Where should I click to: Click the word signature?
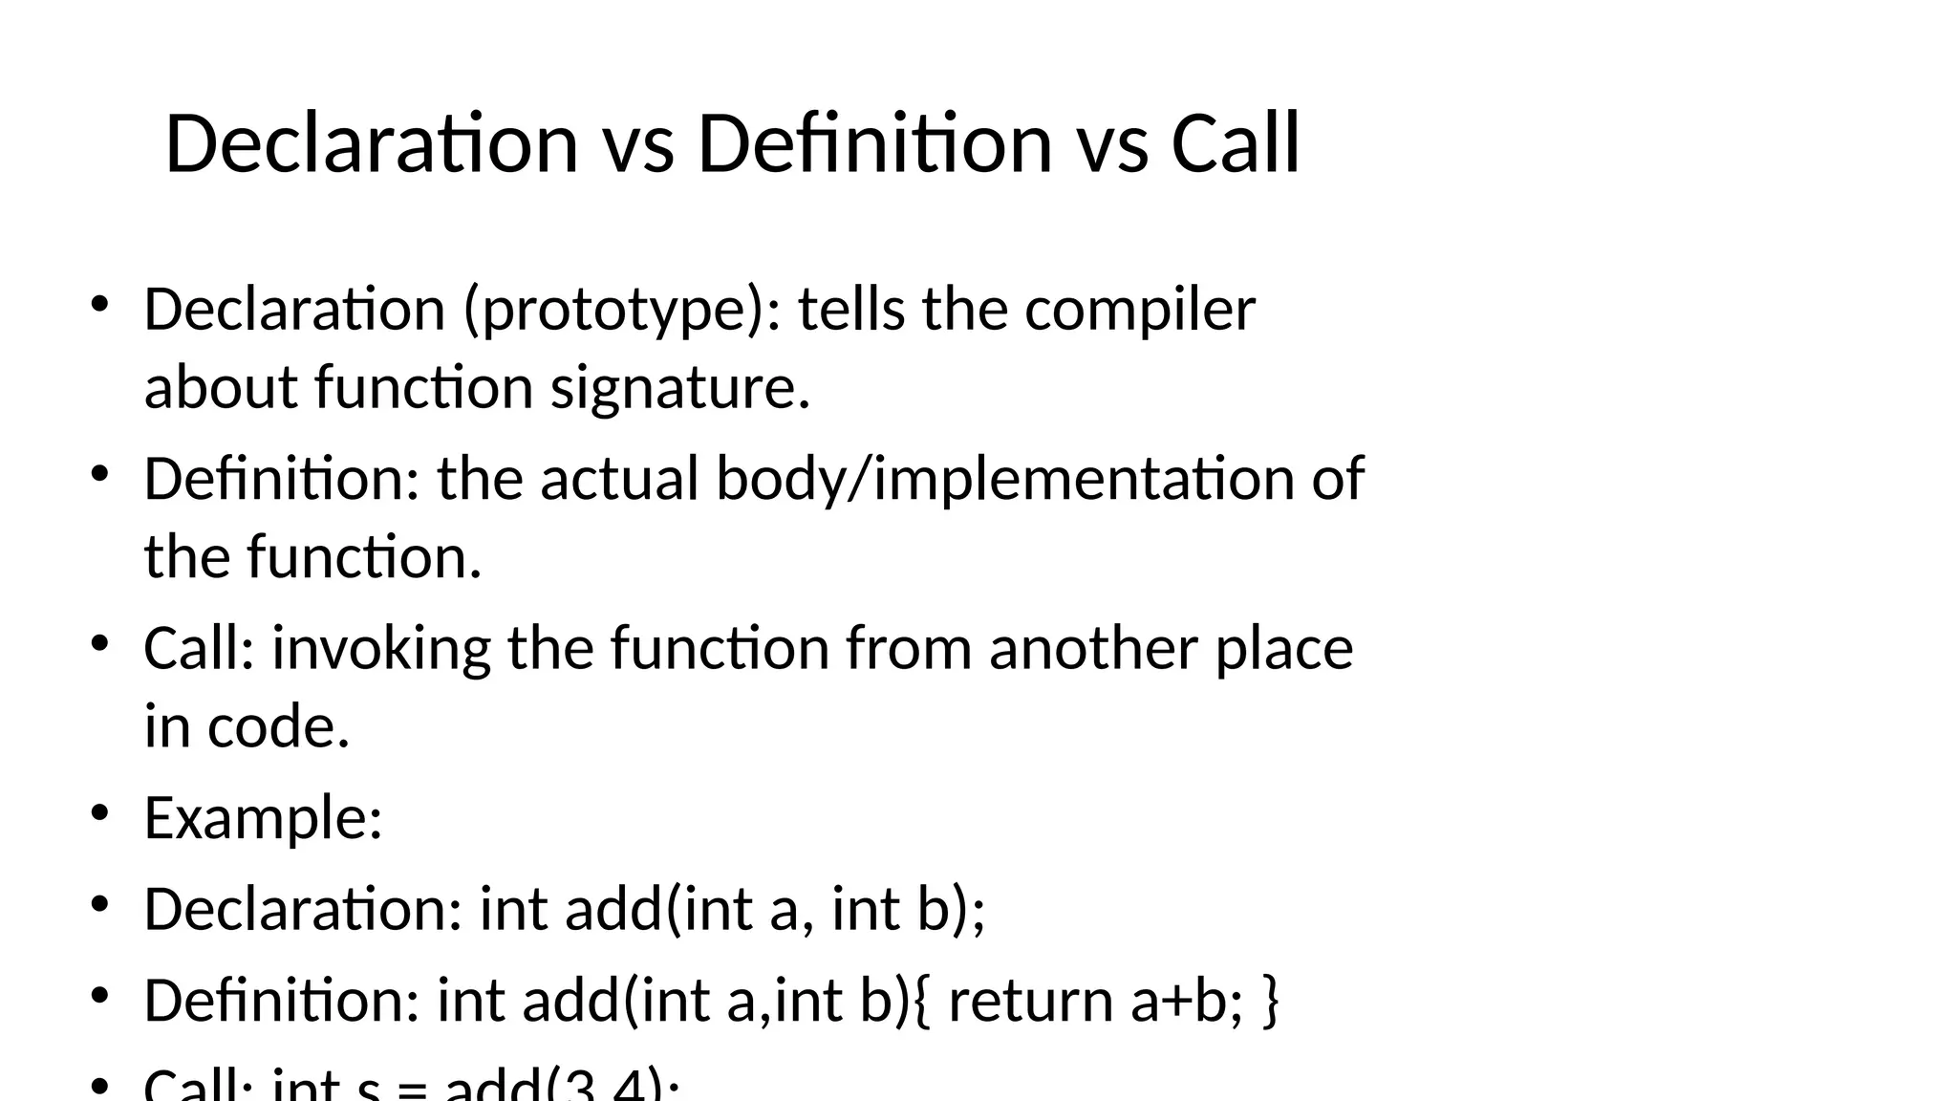click(x=679, y=388)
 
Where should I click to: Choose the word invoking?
click(x=381, y=648)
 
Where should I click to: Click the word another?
click(x=1092, y=648)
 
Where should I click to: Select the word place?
click(x=1284, y=650)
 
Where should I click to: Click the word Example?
click(x=263, y=819)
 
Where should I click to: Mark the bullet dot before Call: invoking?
click(x=99, y=644)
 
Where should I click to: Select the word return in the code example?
click(x=1030, y=1001)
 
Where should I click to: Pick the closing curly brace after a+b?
click(x=1270, y=1001)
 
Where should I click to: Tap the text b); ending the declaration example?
click(x=951, y=909)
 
